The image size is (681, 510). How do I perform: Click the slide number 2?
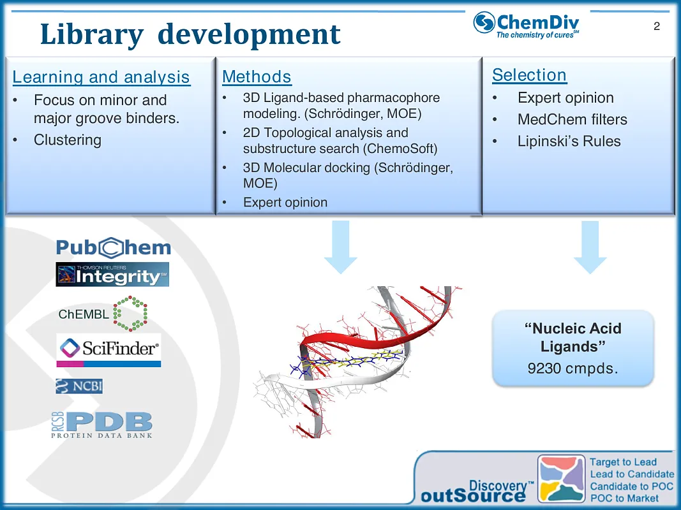[657, 27]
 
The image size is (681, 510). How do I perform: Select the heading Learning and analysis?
[101, 77]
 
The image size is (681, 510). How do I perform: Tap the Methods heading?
[257, 77]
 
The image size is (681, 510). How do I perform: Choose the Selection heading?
[529, 75]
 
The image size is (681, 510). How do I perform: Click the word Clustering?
[67, 140]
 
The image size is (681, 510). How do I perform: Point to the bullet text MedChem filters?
[572, 120]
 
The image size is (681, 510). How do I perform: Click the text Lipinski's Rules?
[569, 142]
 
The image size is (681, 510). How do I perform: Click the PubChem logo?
[114, 248]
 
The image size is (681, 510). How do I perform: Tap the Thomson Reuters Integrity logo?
[112, 274]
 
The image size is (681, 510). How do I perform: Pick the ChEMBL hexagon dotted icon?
[130, 313]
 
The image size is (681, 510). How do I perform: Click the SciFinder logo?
[109, 349]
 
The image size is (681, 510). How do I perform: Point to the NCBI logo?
[79, 386]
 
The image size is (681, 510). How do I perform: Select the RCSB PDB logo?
[102, 425]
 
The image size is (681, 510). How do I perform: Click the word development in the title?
[249, 34]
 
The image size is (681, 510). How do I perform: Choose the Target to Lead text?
[623, 462]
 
